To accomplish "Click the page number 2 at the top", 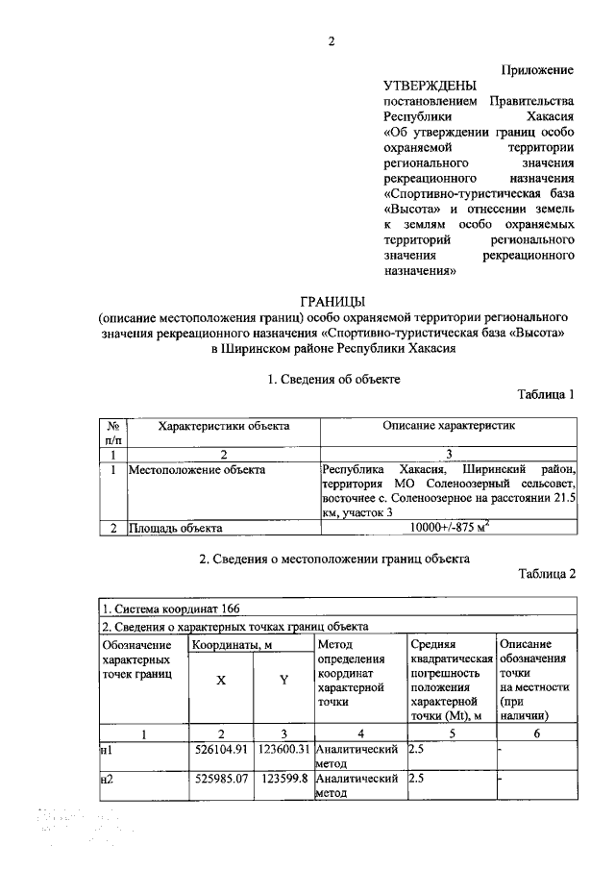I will point(331,41).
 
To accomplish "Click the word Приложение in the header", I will point(537,70).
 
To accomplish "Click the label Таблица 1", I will point(546,394).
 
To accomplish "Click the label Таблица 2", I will point(546,574).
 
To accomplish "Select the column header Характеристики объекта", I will point(224,425).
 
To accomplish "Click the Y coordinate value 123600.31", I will point(283,748).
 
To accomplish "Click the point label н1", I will point(108,748).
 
